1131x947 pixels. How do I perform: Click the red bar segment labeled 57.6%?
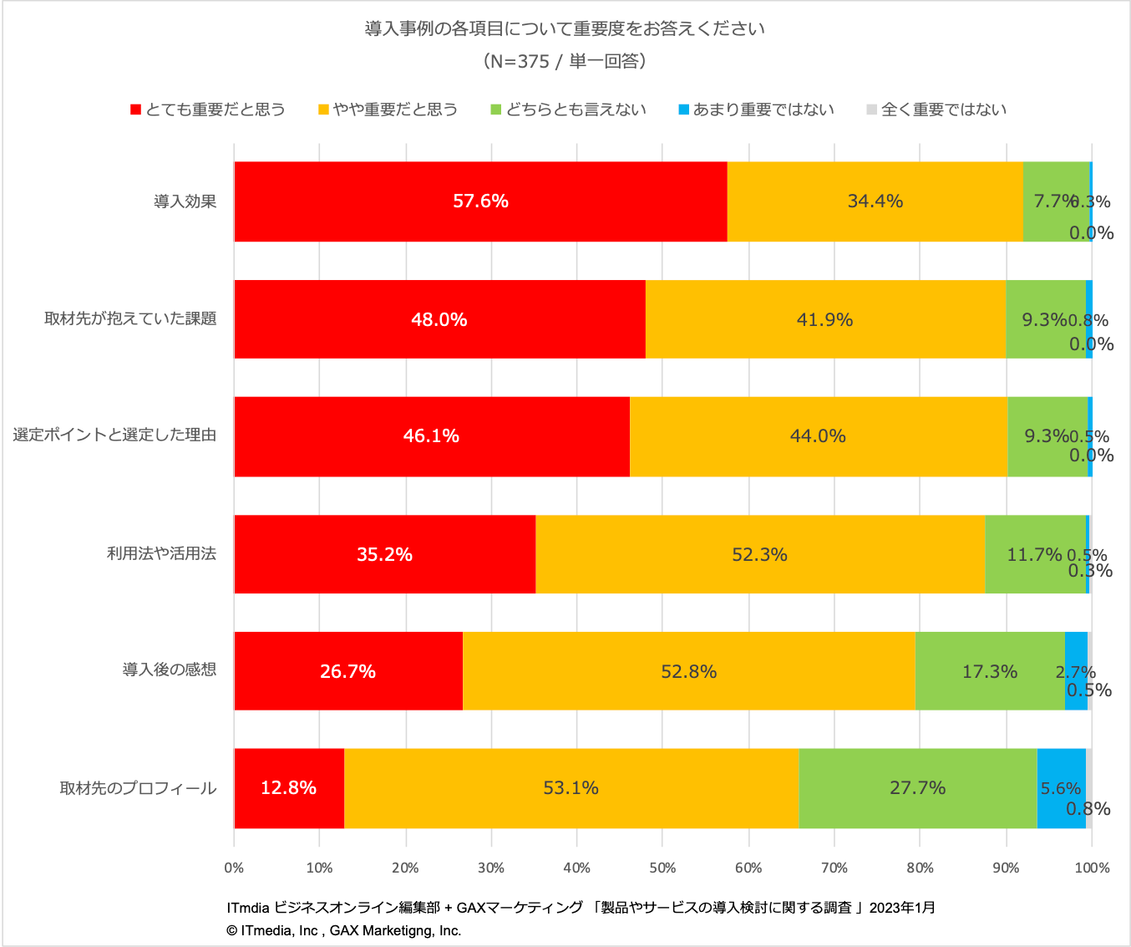tap(480, 201)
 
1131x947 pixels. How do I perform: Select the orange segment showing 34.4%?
tap(875, 201)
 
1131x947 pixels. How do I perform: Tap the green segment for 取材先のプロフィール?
tap(917, 788)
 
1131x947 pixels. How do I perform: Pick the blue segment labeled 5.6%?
tap(1061, 788)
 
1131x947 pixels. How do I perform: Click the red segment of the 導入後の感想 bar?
tap(348, 671)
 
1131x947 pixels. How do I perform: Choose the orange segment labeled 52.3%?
tap(759, 554)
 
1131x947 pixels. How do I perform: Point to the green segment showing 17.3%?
tap(990, 671)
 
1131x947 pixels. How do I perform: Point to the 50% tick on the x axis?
tap(662, 868)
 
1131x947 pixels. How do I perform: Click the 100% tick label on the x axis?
tap(1092, 868)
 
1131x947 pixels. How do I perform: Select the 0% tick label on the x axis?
tap(234, 868)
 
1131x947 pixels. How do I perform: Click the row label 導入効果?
tap(185, 201)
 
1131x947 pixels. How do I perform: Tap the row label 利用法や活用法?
tap(161, 553)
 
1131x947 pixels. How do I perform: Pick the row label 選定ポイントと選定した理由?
tap(114, 435)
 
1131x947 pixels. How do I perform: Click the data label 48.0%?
tap(439, 319)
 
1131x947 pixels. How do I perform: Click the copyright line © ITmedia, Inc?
tap(343, 930)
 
